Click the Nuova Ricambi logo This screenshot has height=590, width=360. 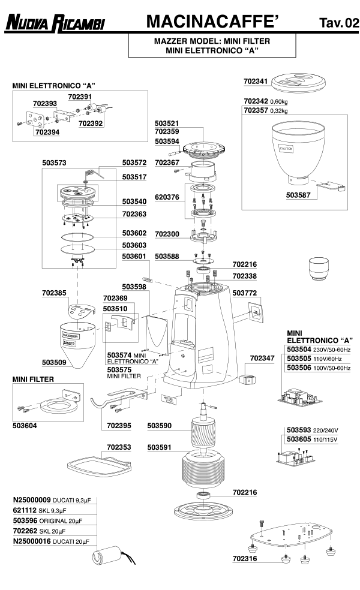point(55,23)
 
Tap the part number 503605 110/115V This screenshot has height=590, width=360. point(299,440)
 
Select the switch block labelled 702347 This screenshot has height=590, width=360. point(247,380)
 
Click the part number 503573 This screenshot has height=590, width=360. point(55,162)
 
